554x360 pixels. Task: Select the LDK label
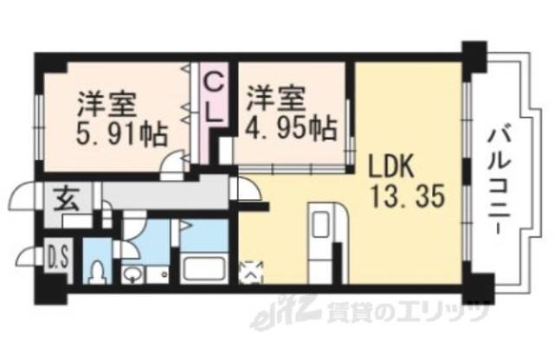point(393,165)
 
